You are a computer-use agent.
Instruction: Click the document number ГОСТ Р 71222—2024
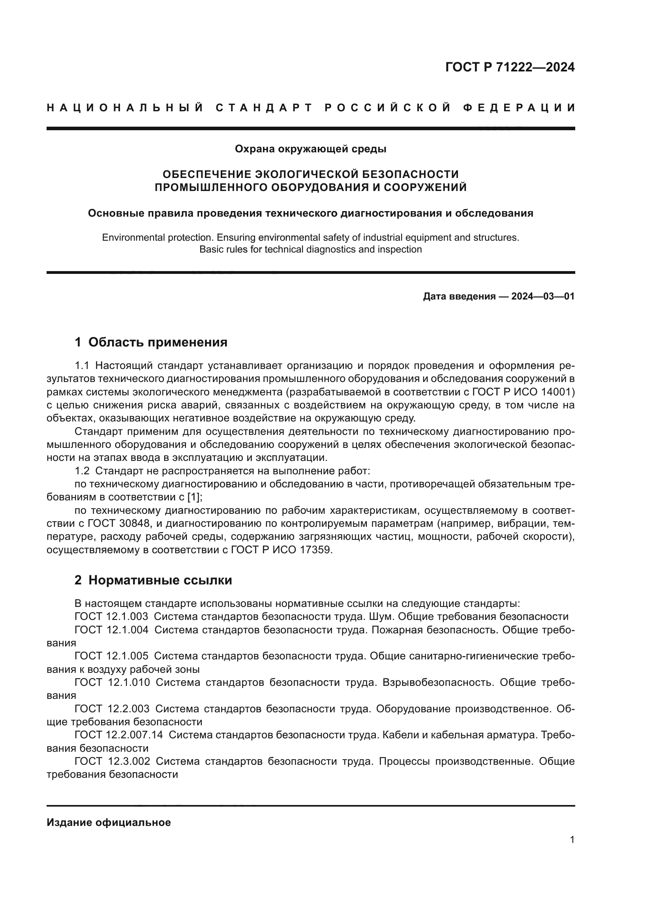pos(509,67)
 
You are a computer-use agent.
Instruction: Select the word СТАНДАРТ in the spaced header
pos(264,108)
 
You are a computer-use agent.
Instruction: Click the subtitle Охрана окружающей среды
pos(310,149)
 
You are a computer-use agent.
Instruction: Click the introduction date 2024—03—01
pos(542,297)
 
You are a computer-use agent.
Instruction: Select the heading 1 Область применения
pos(151,343)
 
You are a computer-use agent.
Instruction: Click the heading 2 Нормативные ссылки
pos(153,580)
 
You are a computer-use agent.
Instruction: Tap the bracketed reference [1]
pos(195,497)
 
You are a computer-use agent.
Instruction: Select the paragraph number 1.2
pos(82,471)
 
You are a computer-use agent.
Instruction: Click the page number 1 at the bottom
pos(572,840)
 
